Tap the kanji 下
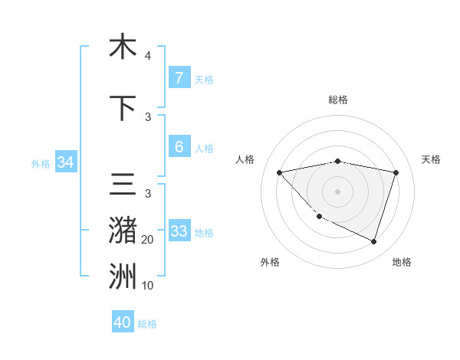(x=123, y=109)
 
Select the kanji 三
(x=123, y=186)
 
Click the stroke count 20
(x=147, y=240)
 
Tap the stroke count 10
(x=147, y=286)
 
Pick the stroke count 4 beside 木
(x=147, y=56)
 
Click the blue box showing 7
(x=179, y=78)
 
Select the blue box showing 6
(x=179, y=147)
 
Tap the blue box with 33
(x=179, y=231)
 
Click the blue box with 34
(x=65, y=162)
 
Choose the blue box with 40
(x=123, y=322)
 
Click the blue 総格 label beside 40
(x=147, y=324)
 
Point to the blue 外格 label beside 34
(x=41, y=163)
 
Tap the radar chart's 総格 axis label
(x=338, y=100)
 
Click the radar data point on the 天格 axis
(x=396, y=172)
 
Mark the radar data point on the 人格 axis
(x=279, y=172)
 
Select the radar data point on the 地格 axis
(x=373, y=241)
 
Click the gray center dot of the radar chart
(x=337, y=191)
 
